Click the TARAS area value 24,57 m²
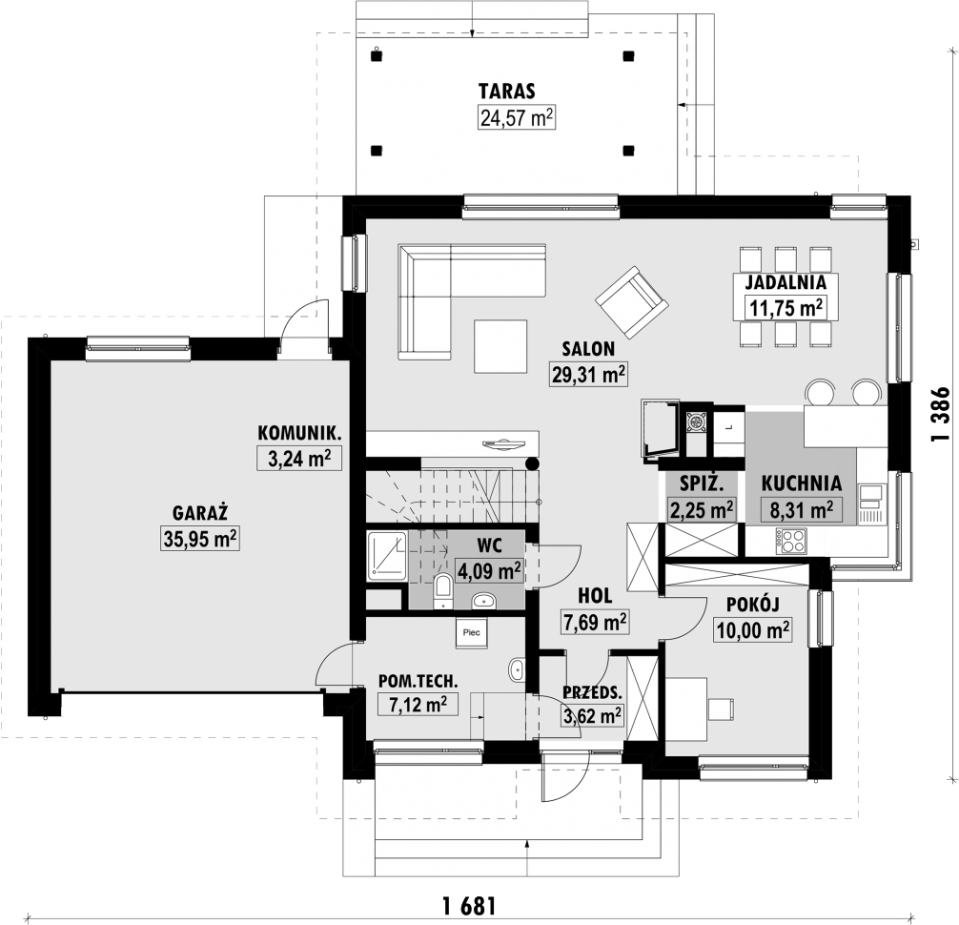click(x=516, y=118)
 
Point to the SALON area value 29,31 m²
click(x=587, y=375)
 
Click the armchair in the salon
click(x=630, y=299)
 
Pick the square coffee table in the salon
click(x=500, y=347)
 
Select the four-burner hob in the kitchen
click(x=793, y=541)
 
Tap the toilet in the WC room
click(x=442, y=590)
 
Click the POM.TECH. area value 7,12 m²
click(x=418, y=705)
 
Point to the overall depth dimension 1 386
click(x=940, y=412)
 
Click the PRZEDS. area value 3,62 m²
click(x=593, y=715)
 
